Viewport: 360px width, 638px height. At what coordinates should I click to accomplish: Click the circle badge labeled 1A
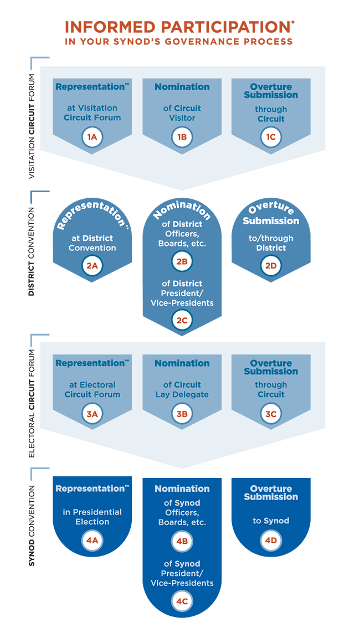(92, 137)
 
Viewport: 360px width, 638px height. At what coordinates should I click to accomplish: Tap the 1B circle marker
(182, 137)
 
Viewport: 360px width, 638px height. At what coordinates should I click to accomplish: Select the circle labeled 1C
(271, 137)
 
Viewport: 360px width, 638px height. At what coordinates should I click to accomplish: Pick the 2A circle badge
(92, 266)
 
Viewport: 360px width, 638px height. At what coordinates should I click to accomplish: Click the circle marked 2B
(182, 261)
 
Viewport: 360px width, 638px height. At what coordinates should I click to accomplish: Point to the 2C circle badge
(182, 320)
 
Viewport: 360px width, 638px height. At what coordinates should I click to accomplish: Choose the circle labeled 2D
(271, 266)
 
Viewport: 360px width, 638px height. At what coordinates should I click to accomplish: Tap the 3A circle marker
(92, 413)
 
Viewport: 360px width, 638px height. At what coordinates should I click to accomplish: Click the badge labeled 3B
(182, 413)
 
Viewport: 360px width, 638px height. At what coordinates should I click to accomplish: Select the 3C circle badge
(271, 413)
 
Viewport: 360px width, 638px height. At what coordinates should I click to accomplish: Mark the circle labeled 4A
(92, 541)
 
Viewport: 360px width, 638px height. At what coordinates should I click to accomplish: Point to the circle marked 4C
(182, 600)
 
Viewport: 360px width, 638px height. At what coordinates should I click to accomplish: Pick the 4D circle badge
(271, 541)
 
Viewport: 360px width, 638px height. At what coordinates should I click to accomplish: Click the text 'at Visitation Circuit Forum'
(92, 112)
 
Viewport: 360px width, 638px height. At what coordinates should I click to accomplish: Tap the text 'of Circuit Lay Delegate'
(182, 389)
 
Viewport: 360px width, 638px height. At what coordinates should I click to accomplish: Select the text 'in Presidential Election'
(92, 517)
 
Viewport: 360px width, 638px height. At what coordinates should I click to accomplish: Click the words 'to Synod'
(271, 521)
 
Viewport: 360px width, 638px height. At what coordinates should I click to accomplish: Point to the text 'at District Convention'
(92, 243)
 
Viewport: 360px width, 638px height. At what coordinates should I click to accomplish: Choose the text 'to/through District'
(271, 243)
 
